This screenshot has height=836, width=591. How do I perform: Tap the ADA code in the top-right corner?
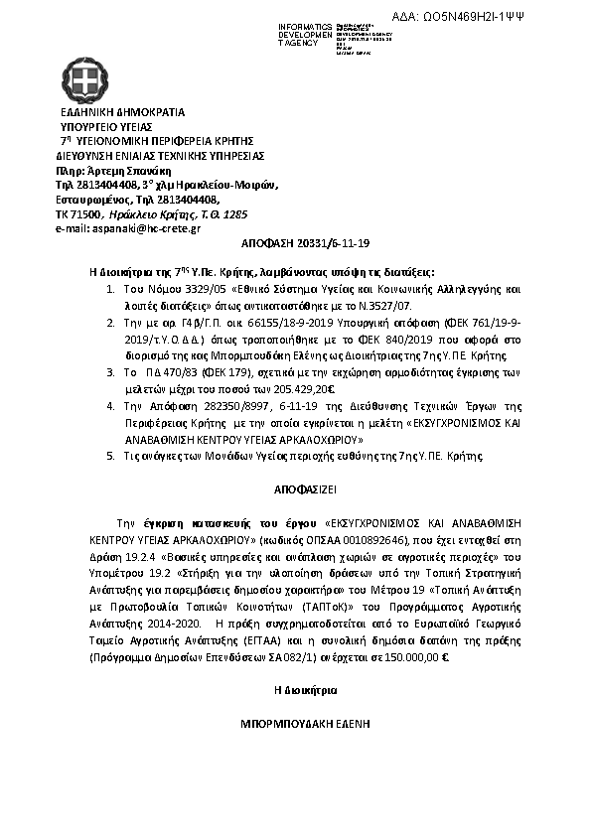(x=516, y=18)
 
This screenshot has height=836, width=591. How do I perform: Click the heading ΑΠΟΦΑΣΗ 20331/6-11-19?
(x=295, y=242)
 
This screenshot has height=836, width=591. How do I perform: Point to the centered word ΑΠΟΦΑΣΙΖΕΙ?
(x=296, y=490)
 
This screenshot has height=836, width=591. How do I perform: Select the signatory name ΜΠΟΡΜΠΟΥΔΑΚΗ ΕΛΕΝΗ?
(x=296, y=725)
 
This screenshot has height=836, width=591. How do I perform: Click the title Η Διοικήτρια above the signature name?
(x=295, y=688)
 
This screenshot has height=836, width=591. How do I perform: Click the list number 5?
(x=110, y=455)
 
